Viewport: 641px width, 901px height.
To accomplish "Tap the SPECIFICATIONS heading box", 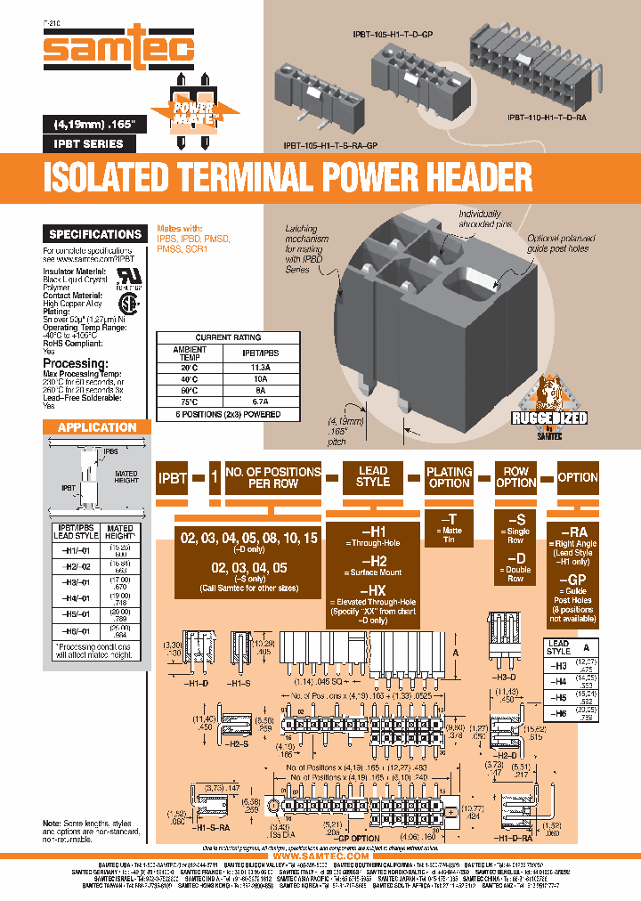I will pyautogui.click(x=95, y=234).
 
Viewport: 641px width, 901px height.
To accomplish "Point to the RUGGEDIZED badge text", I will pyautogui.click(x=548, y=418).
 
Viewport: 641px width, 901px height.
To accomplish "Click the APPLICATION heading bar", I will pyautogui.click(x=97, y=427).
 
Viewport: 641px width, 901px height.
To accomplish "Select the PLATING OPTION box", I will pyautogui.click(x=450, y=477).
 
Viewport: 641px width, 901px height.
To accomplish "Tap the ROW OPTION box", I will pyautogui.click(x=515, y=477).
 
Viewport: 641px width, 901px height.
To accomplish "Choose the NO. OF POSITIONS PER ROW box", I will pyautogui.click(x=273, y=477).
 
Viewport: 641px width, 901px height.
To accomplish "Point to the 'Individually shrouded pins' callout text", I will pyautogui.click(x=481, y=219).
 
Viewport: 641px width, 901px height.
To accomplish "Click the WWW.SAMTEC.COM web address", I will pyautogui.click(x=320, y=856).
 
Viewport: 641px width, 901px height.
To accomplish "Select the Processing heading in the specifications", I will pyautogui.click(x=81, y=363).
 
